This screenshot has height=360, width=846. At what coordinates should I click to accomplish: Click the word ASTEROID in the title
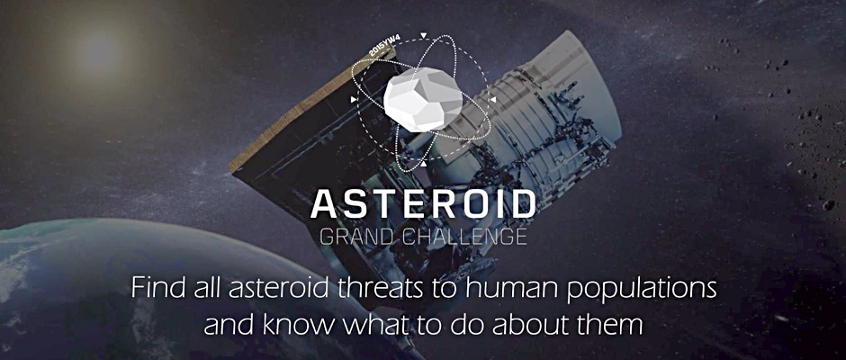click(x=422, y=205)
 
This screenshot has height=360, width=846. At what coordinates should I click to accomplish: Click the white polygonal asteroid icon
click(x=421, y=102)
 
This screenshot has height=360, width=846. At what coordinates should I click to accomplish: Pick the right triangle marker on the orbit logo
click(x=493, y=99)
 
